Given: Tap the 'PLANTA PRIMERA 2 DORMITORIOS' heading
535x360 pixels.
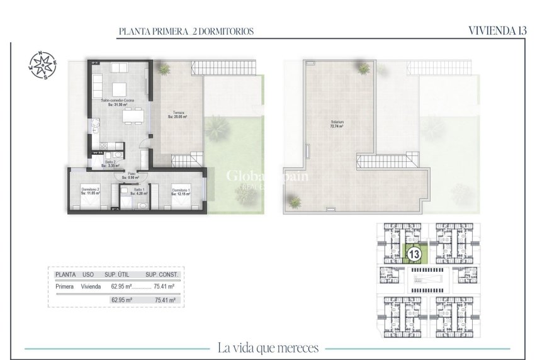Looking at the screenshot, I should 186,31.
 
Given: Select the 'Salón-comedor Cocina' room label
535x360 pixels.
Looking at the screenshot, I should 116,101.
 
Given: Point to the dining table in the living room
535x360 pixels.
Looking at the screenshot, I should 132,115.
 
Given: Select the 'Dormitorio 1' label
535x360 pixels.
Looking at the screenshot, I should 181,191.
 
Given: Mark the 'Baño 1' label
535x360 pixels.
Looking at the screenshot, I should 138,191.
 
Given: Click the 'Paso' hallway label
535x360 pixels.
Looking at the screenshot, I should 132,174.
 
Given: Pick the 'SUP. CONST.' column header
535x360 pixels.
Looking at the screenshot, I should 162,274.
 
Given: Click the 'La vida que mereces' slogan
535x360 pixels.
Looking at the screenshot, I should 268,347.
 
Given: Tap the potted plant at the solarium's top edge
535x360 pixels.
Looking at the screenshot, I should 363,67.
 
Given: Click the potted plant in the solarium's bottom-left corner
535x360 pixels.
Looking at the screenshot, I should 293,201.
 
